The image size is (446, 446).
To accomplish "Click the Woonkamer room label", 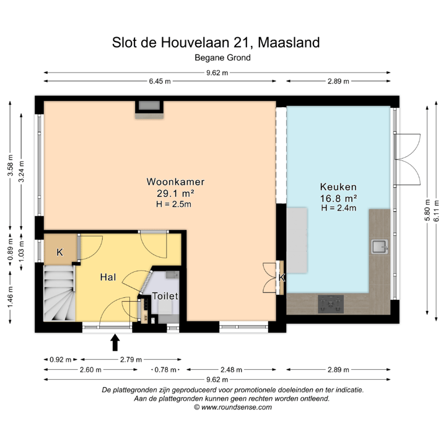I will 175,182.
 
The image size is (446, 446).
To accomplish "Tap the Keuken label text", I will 338,186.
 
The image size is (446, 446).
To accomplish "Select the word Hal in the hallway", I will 108,278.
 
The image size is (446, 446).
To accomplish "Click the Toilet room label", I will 165,296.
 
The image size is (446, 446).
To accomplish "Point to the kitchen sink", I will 380,247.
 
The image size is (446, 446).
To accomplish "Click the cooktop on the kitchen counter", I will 331,304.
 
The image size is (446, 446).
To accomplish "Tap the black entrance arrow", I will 115,342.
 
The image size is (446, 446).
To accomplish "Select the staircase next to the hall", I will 59,292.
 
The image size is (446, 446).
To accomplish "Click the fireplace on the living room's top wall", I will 149,107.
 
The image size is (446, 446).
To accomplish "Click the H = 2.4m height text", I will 338,208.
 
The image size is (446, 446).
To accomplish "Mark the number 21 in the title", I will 243,43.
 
